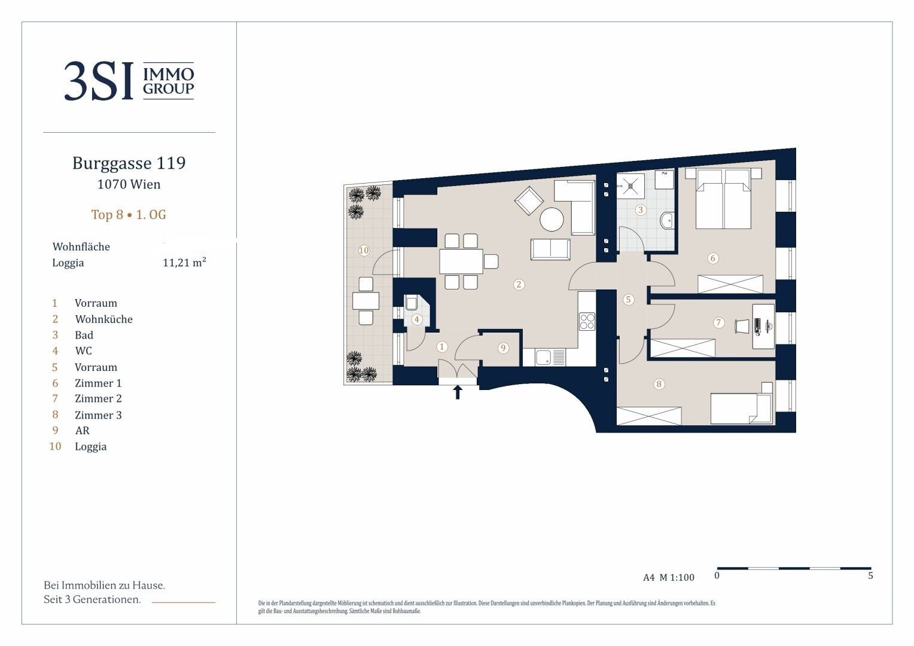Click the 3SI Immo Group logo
129,81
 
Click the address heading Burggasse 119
129,163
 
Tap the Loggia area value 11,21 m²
184,263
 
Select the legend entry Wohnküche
103,319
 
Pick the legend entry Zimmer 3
98,415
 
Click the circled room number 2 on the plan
519,285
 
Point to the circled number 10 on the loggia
364,251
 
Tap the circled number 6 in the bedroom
713,258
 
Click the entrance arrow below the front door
458,392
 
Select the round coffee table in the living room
552,220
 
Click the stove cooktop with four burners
587,321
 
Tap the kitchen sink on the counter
543,358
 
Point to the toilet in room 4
410,303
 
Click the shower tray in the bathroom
630,186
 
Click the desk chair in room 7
742,326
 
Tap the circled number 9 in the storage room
503,348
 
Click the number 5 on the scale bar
870,576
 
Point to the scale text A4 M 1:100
668,577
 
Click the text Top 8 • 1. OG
129,215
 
